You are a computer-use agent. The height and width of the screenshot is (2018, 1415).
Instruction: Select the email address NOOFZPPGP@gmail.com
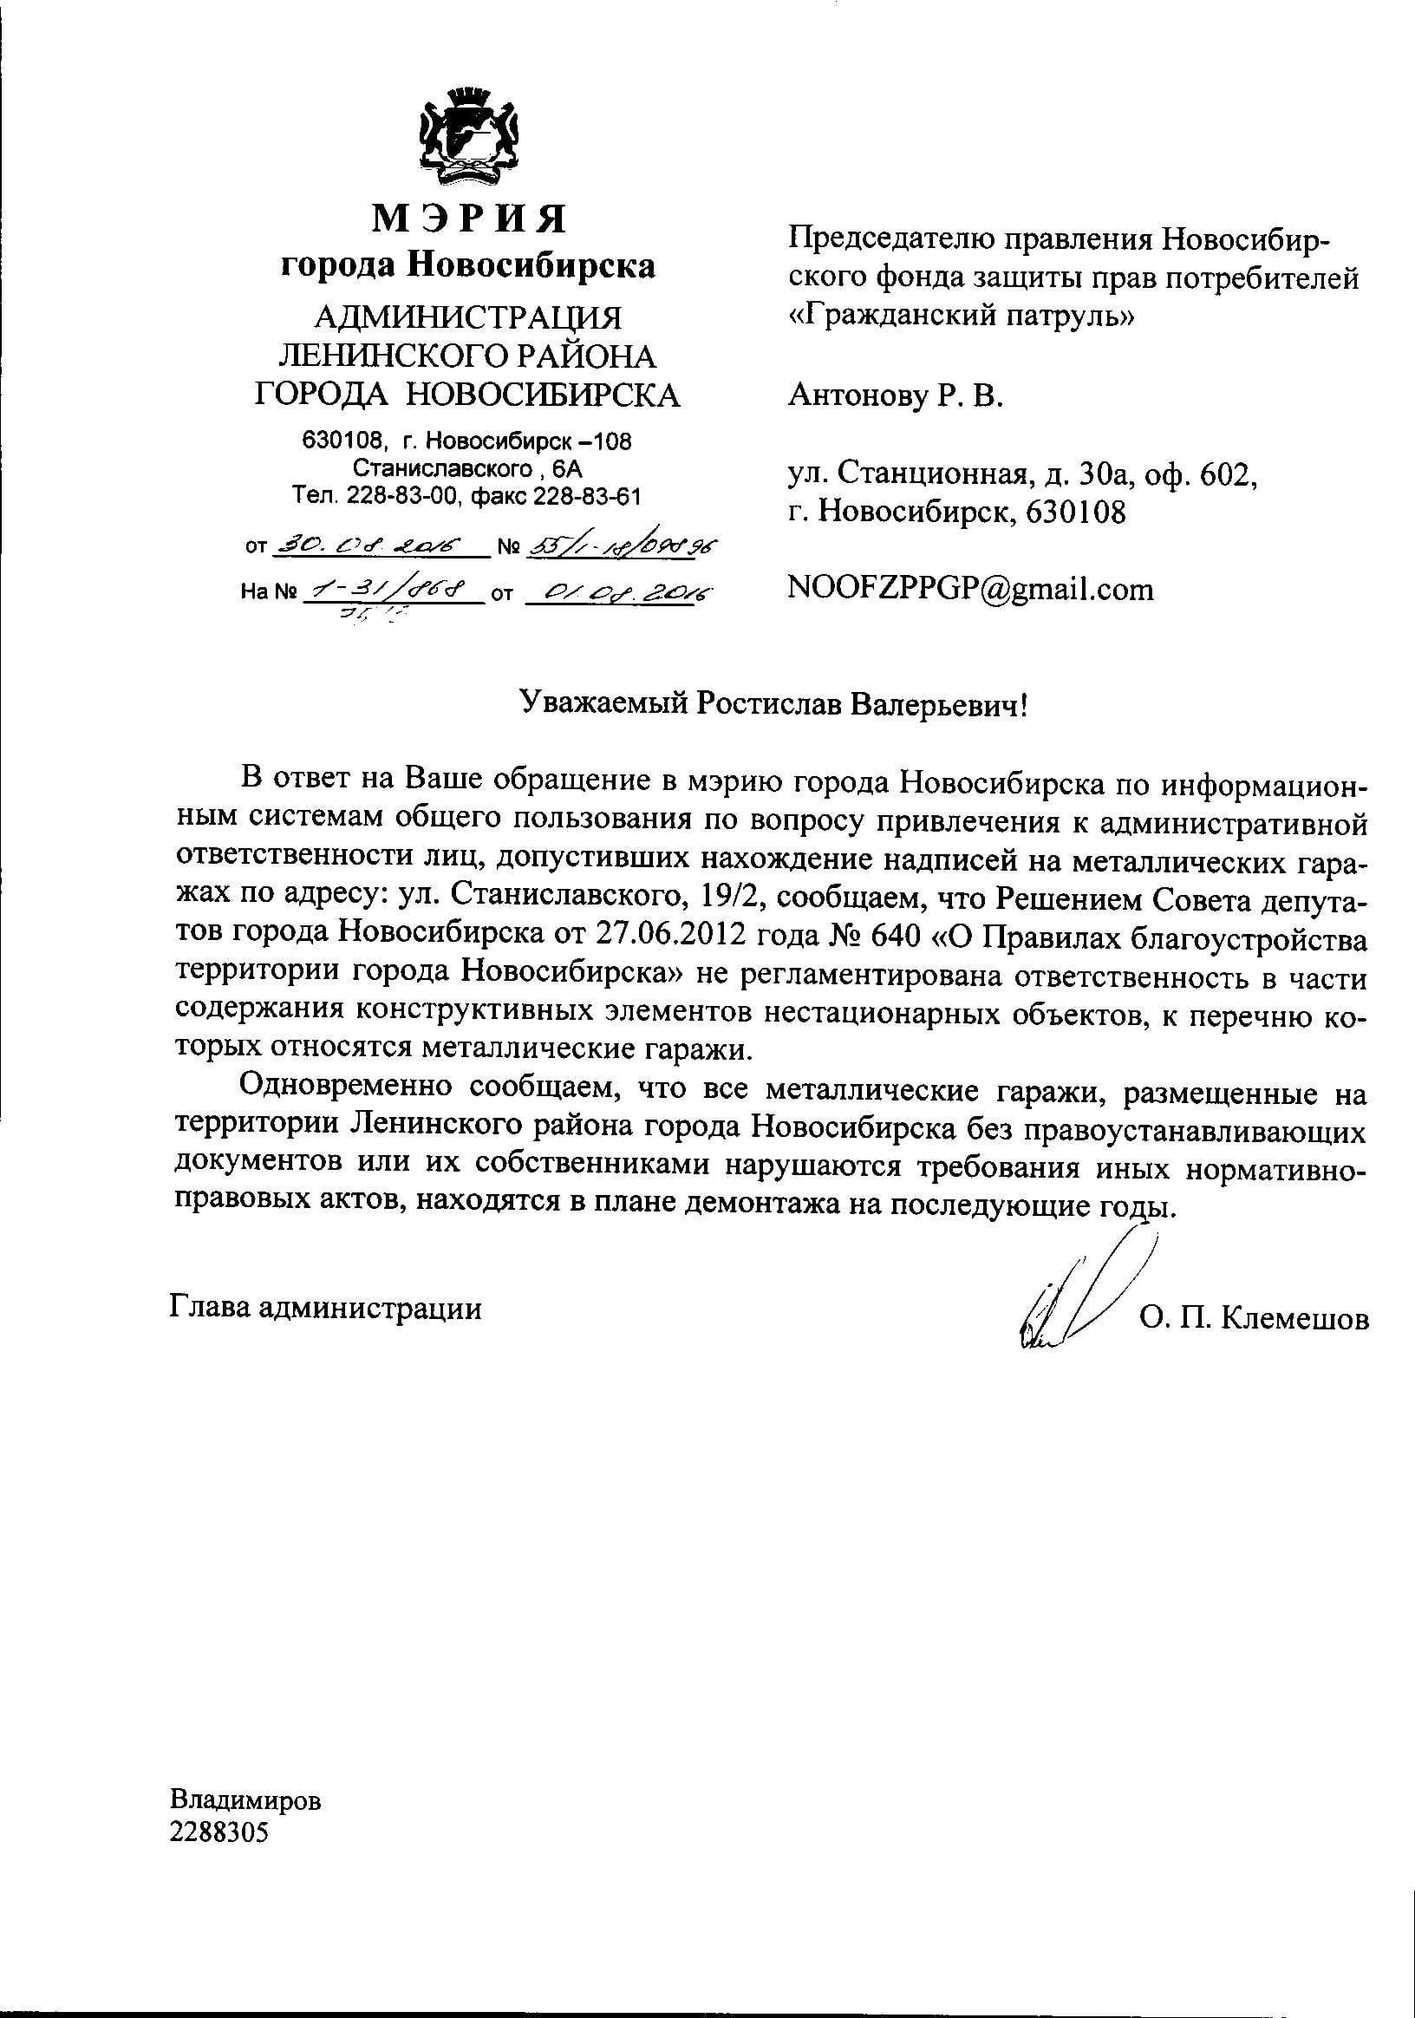pos(970,588)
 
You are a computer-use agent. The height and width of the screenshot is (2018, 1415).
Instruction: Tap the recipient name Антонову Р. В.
pos(895,396)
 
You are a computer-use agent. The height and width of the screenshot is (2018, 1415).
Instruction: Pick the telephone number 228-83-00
pos(403,497)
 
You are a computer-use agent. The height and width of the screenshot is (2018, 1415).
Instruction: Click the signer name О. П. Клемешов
pos(1253,1318)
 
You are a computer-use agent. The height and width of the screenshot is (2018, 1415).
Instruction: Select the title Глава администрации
pos(325,1309)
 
